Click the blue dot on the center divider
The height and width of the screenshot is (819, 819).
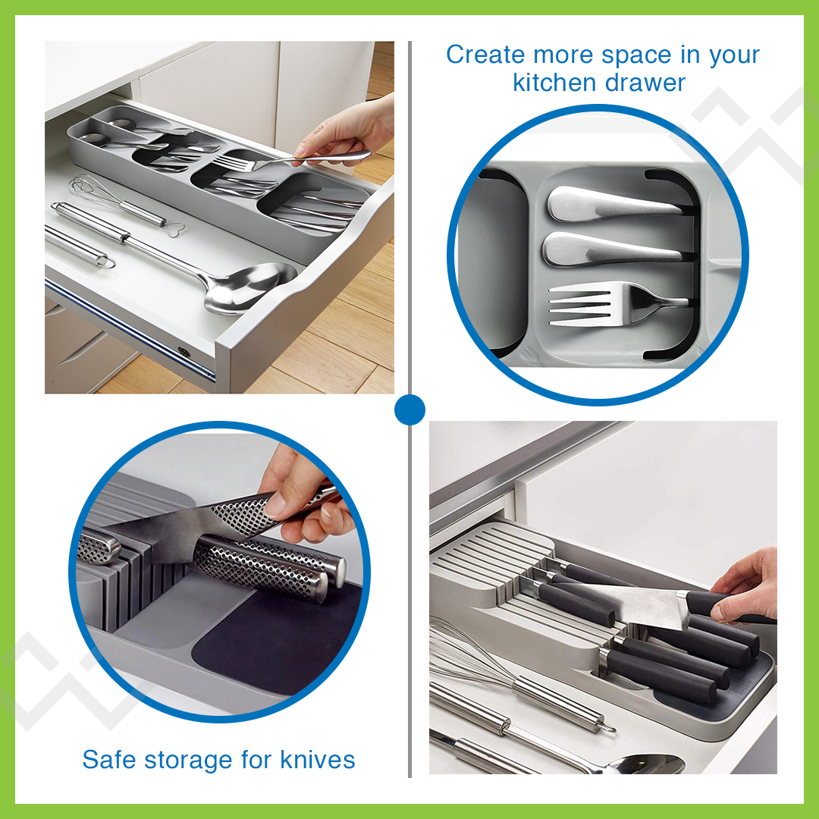pyautogui.click(x=409, y=410)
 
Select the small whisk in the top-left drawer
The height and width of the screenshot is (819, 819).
pyautogui.click(x=91, y=190)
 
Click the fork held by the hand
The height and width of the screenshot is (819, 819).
pyautogui.click(x=250, y=162)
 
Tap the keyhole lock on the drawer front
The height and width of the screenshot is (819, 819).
pyautogui.click(x=183, y=353)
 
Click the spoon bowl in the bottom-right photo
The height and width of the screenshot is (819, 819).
pyautogui.click(x=645, y=762)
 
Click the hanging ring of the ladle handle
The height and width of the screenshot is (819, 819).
pyautogui.click(x=105, y=262)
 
